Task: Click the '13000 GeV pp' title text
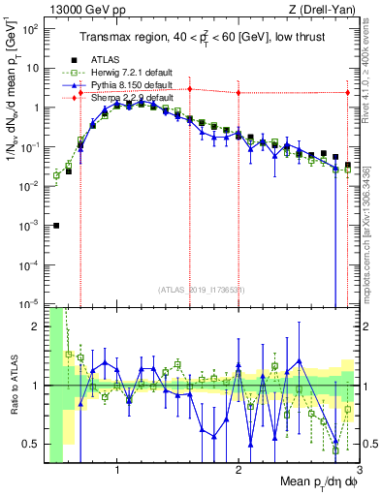point(80,10)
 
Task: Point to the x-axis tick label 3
point(358,473)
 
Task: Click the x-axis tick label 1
point(117,473)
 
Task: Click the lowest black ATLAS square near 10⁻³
point(56,226)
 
